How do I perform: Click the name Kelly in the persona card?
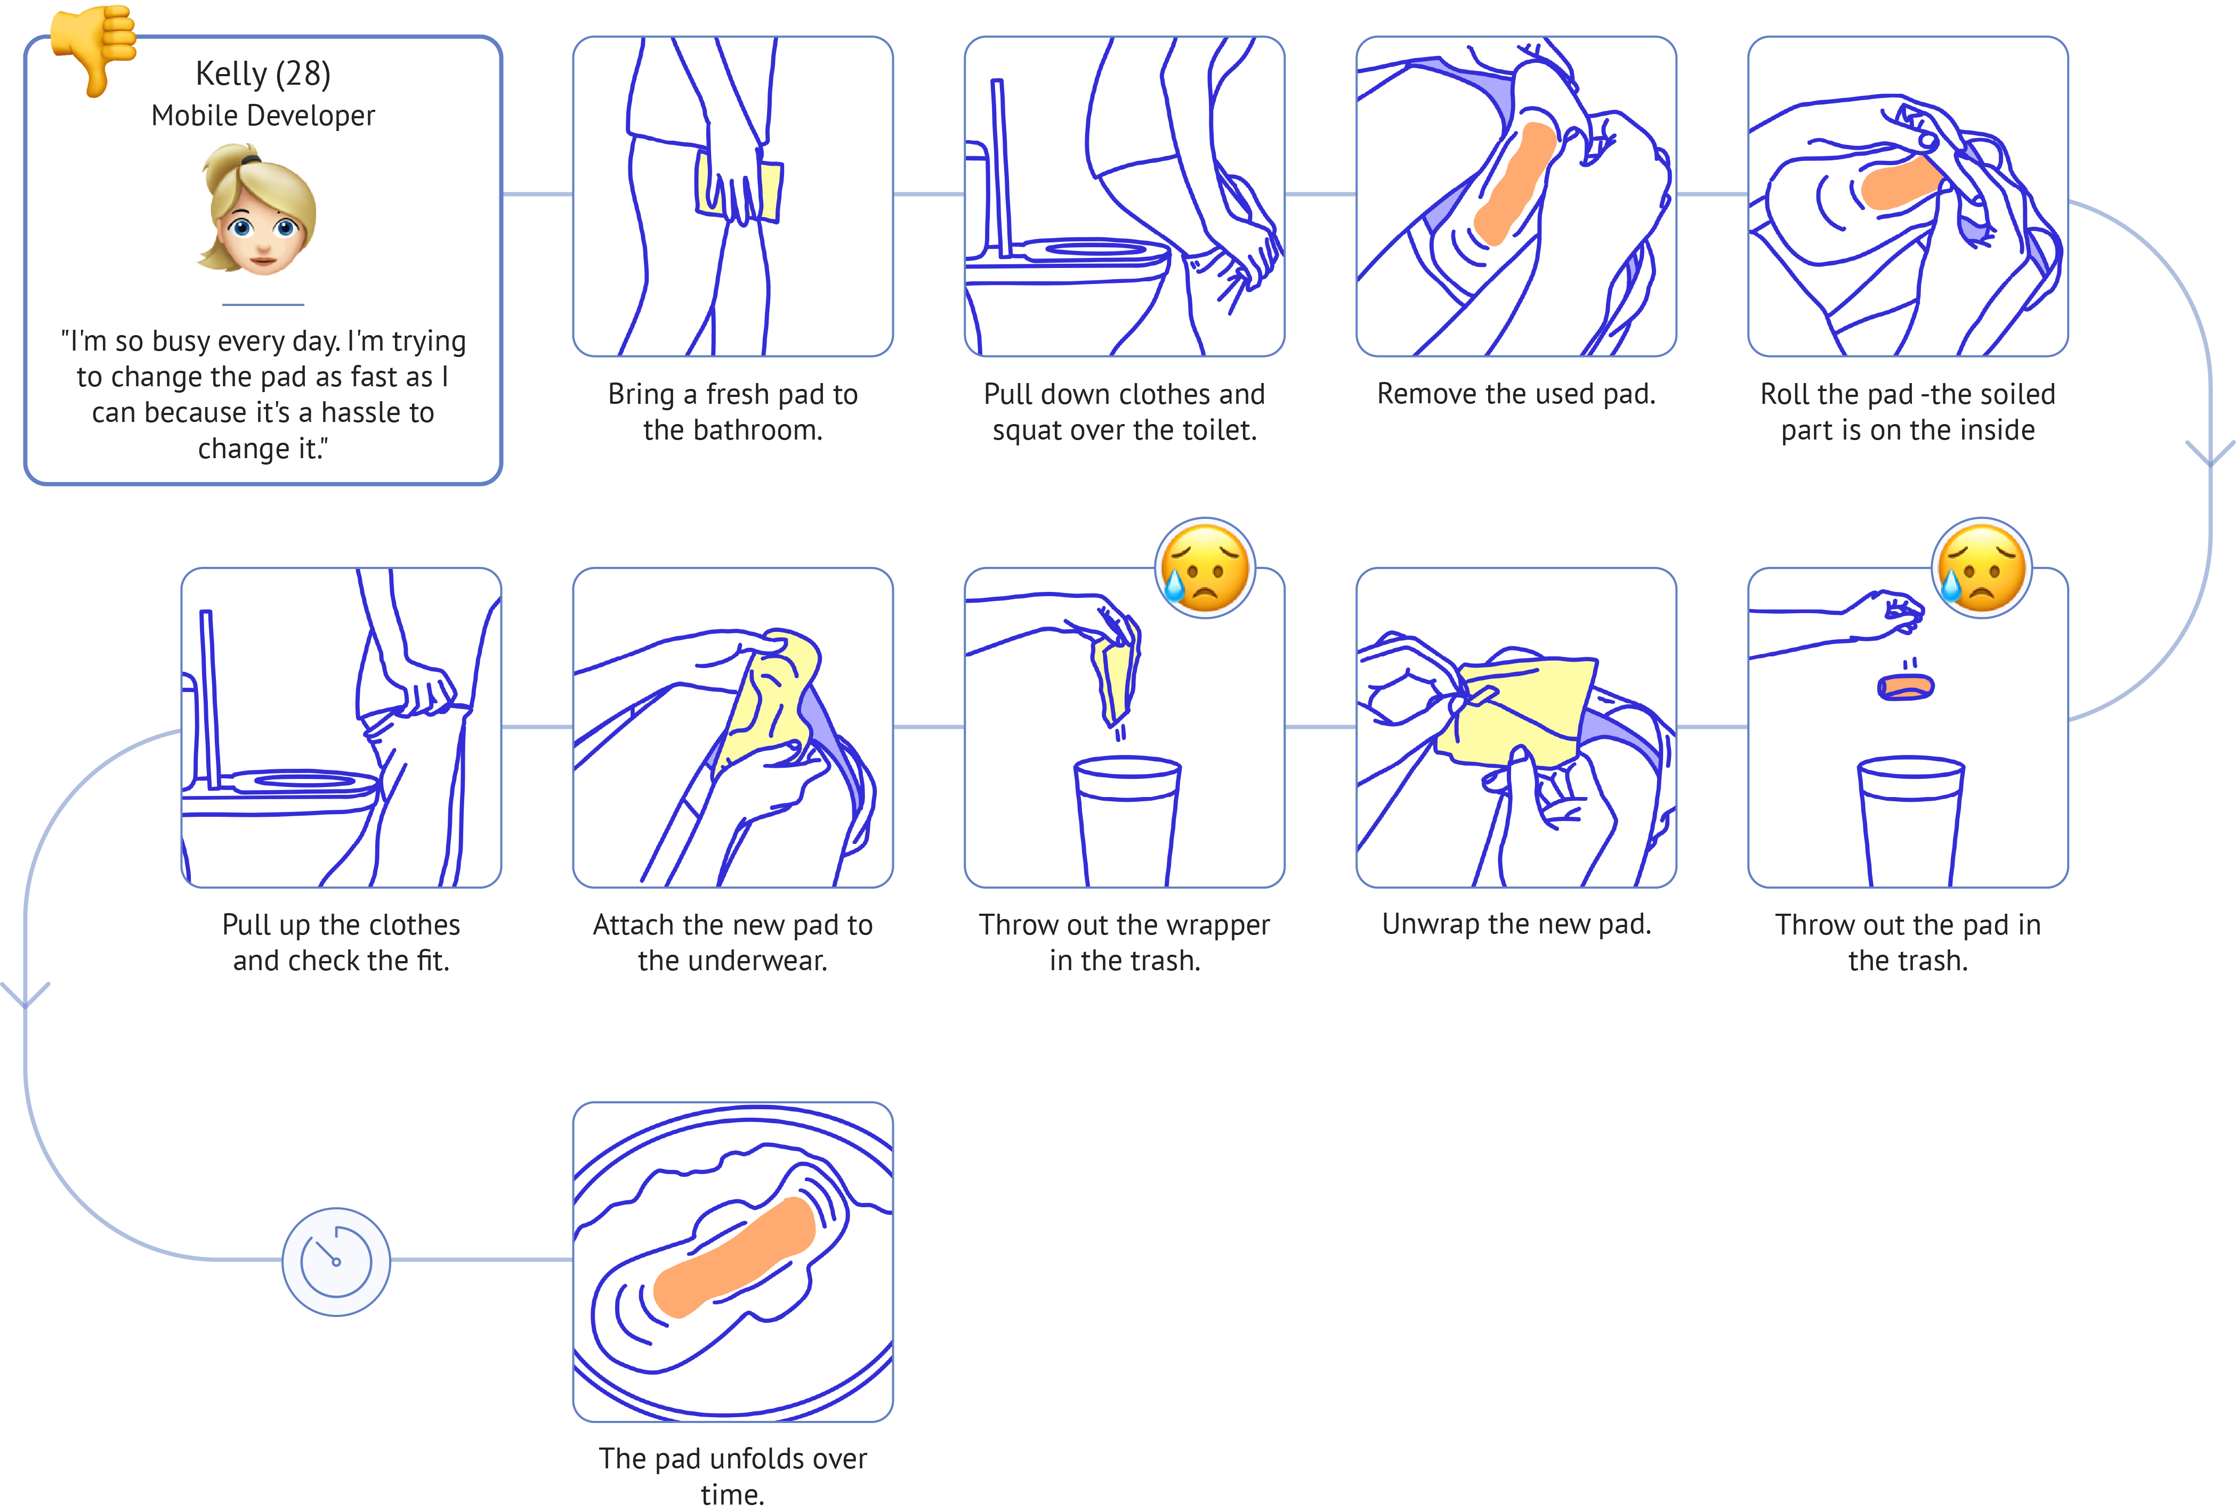click(x=231, y=74)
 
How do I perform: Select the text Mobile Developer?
click(x=263, y=116)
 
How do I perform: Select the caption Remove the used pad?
click(x=1515, y=393)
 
